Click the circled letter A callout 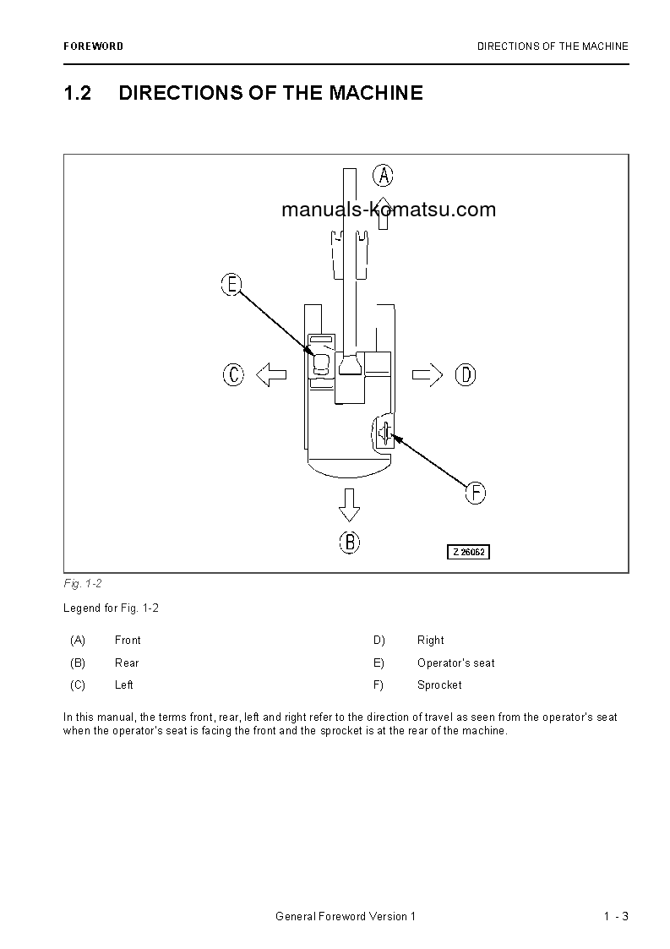pos(384,176)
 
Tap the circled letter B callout pos(349,542)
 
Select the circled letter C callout pos(233,374)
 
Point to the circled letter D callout pos(466,374)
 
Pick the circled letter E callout pos(232,285)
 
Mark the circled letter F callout pos(476,493)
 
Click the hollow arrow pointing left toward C pos(270,374)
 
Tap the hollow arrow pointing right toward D pos(428,374)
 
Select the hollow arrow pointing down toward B pos(349,504)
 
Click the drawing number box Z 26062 pos(468,552)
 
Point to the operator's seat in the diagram pos(321,364)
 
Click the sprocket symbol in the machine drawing pos(385,434)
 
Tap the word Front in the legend pos(128,641)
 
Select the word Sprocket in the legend pos(439,685)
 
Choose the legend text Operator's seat pos(456,663)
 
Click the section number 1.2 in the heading pos(78,93)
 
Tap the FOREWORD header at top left pos(93,46)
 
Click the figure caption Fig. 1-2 pos(83,584)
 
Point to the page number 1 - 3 pos(616,917)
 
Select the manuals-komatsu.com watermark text pos(389,210)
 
